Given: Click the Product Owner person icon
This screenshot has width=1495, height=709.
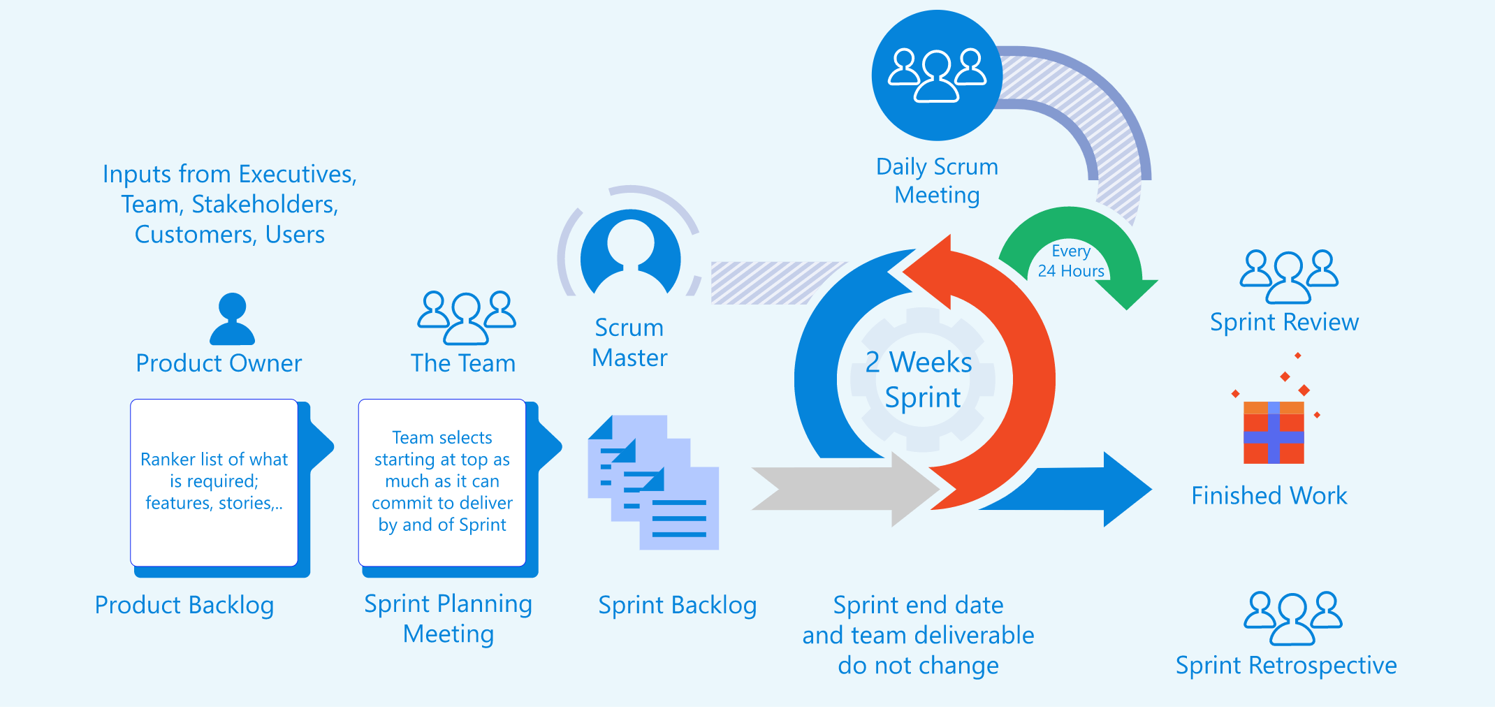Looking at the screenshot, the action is pyautogui.click(x=233, y=319).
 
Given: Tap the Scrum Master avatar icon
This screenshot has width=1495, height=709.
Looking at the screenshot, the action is pyautogui.click(x=631, y=252).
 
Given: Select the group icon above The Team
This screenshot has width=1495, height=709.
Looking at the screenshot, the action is pyautogui.click(x=467, y=318).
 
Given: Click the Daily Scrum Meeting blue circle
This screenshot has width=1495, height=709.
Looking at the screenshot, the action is pyautogui.click(x=937, y=75).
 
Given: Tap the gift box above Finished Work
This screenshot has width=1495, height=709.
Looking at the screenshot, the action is pyautogui.click(x=1274, y=432).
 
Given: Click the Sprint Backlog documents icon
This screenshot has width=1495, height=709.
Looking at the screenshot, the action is pyautogui.click(x=653, y=483).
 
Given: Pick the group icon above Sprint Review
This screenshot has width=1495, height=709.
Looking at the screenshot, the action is pyautogui.click(x=1289, y=277).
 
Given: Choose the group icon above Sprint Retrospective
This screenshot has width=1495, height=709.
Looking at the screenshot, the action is pyautogui.click(x=1293, y=618).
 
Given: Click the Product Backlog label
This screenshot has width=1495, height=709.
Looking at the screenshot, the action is pyautogui.click(x=184, y=606).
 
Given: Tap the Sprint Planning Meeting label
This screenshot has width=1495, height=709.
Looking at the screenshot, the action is pyautogui.click(x=449, y=619).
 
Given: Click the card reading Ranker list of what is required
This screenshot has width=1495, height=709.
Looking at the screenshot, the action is pyautogui.click(x=214, y=483).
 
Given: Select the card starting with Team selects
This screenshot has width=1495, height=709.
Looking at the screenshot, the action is pyautogui.click(x=442, y=483).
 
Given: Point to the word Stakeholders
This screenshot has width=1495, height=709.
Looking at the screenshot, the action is pyautogui.click(x=265, y=205).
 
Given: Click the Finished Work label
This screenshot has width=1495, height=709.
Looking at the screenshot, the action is pyautogui.click(x=1269, y=496).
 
